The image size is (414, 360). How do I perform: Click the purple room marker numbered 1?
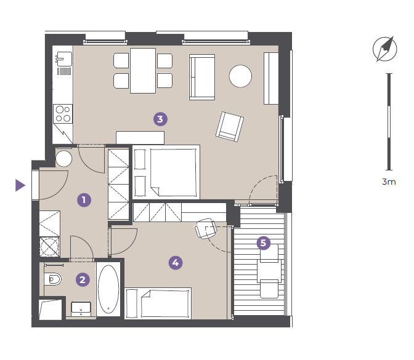tap(84, 200)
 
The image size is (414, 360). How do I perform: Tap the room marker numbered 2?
tap(83, 279)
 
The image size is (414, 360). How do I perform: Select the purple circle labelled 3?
tap(160, 119)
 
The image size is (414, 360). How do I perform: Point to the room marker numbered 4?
tap(176, 263)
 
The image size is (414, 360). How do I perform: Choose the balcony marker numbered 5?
tap(264, 243)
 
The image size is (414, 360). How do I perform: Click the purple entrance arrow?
tap(20, 185)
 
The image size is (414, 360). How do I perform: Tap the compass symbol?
tap(385, 49)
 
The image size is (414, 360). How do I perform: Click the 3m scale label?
tap(389, 182)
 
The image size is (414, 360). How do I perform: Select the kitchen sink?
tap(63, 59)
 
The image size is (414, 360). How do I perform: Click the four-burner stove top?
tap(63, 114)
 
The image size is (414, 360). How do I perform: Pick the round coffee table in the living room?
tap(240, 76)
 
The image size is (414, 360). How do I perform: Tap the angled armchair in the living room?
tap(229, 127)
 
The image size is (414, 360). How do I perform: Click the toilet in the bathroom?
tap(53, 279)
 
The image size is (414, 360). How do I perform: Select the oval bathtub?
tap(108, 289)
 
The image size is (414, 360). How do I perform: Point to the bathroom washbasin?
tap(81, 309)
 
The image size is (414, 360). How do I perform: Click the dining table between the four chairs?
tap(143, 71)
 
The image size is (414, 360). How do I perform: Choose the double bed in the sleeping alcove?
tap(166, 172)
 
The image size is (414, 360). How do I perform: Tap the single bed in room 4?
tap(158, 303)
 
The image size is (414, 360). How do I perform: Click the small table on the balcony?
tap(269, 271)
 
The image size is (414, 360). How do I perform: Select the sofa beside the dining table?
tap(202, 77)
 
